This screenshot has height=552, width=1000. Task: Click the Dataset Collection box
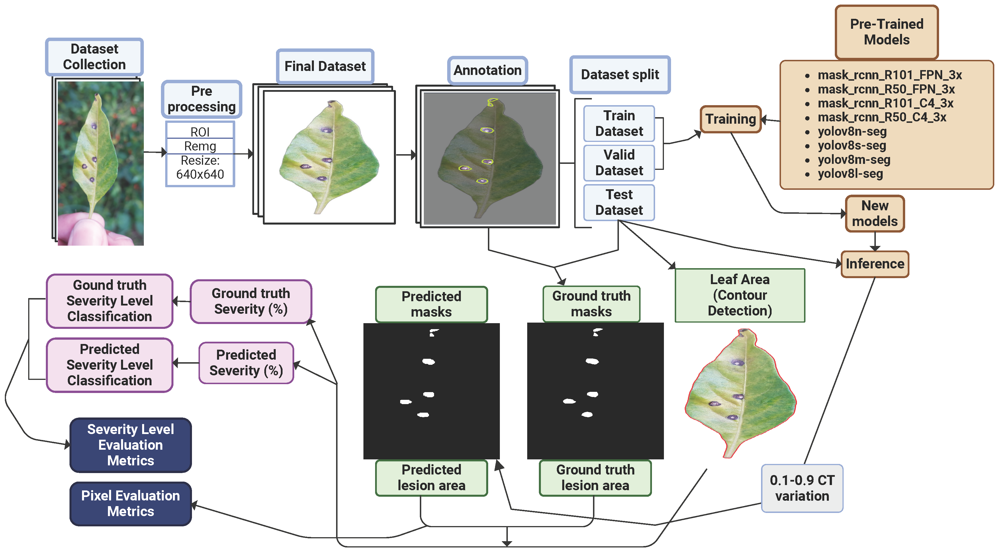pyautogui.click(x=94, y=57)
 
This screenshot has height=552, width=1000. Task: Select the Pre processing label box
pyautogui.click(x=201, y=99)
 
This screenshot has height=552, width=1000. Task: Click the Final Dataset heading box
pyautogui.click(x=325, y=66)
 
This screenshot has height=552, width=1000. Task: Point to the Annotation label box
pyautogui.click(x=487, y=70)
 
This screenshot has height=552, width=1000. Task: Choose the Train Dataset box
pyautogui.click(x=619, y=123)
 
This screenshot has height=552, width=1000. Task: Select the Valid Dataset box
pyautogui.click(x=619, y=163)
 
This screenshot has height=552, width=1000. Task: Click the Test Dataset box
pyautogui.click(x=619, y=202)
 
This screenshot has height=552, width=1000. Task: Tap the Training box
pyautogui.click(x=731, y=119)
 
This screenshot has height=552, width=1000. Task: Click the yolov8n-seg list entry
pyautogui.click(x=852, y=131)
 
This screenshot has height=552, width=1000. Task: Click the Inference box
pyautogui.click(x=875, y=264)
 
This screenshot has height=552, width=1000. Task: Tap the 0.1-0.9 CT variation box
pyautogui.click(x=802, y=488)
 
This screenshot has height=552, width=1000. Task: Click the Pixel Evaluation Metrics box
pyautogui.click(x=130, y=504)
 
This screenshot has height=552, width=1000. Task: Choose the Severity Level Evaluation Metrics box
pyautogui.click(x=130, y=445)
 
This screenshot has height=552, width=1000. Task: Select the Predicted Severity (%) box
pyautogui.click(x=246, y=363)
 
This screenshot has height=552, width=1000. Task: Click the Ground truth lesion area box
pyautogui.click(x=595, y=478)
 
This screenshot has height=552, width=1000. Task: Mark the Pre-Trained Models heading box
pyautogui.click(x=887, y=32)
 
